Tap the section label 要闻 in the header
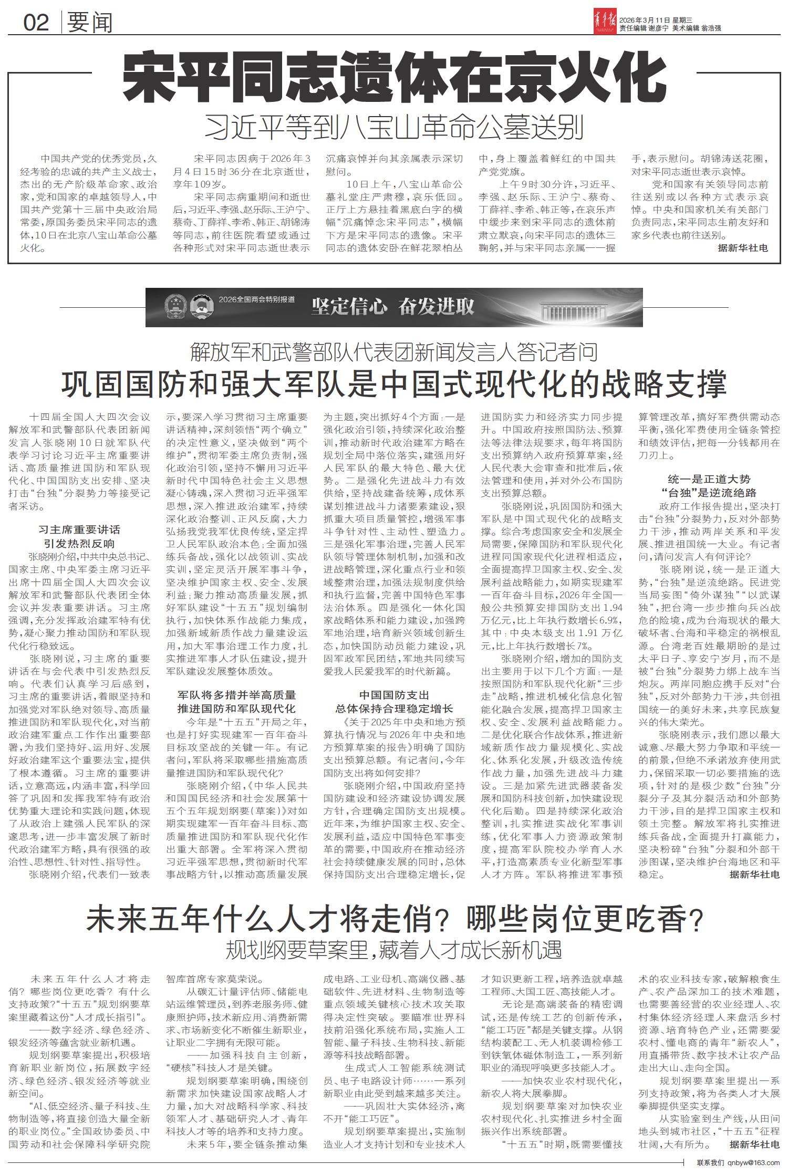pyautogui.click(x=90, y=22)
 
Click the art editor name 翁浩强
pyautogui.click(x=711, y=29)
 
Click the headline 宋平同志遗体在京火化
pyautogui.click(x=393, y=79)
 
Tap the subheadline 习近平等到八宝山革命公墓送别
pyautogui.click(x=393, y=128)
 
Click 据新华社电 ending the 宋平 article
pyautogui.click(x=743, y=248)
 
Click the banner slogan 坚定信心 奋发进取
pyautogui.click(x=392, y=307)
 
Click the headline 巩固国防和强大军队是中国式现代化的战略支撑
pyautogui.click(x=393, y=384)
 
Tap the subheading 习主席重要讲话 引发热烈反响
pyautogui.click(x=79, y=536)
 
